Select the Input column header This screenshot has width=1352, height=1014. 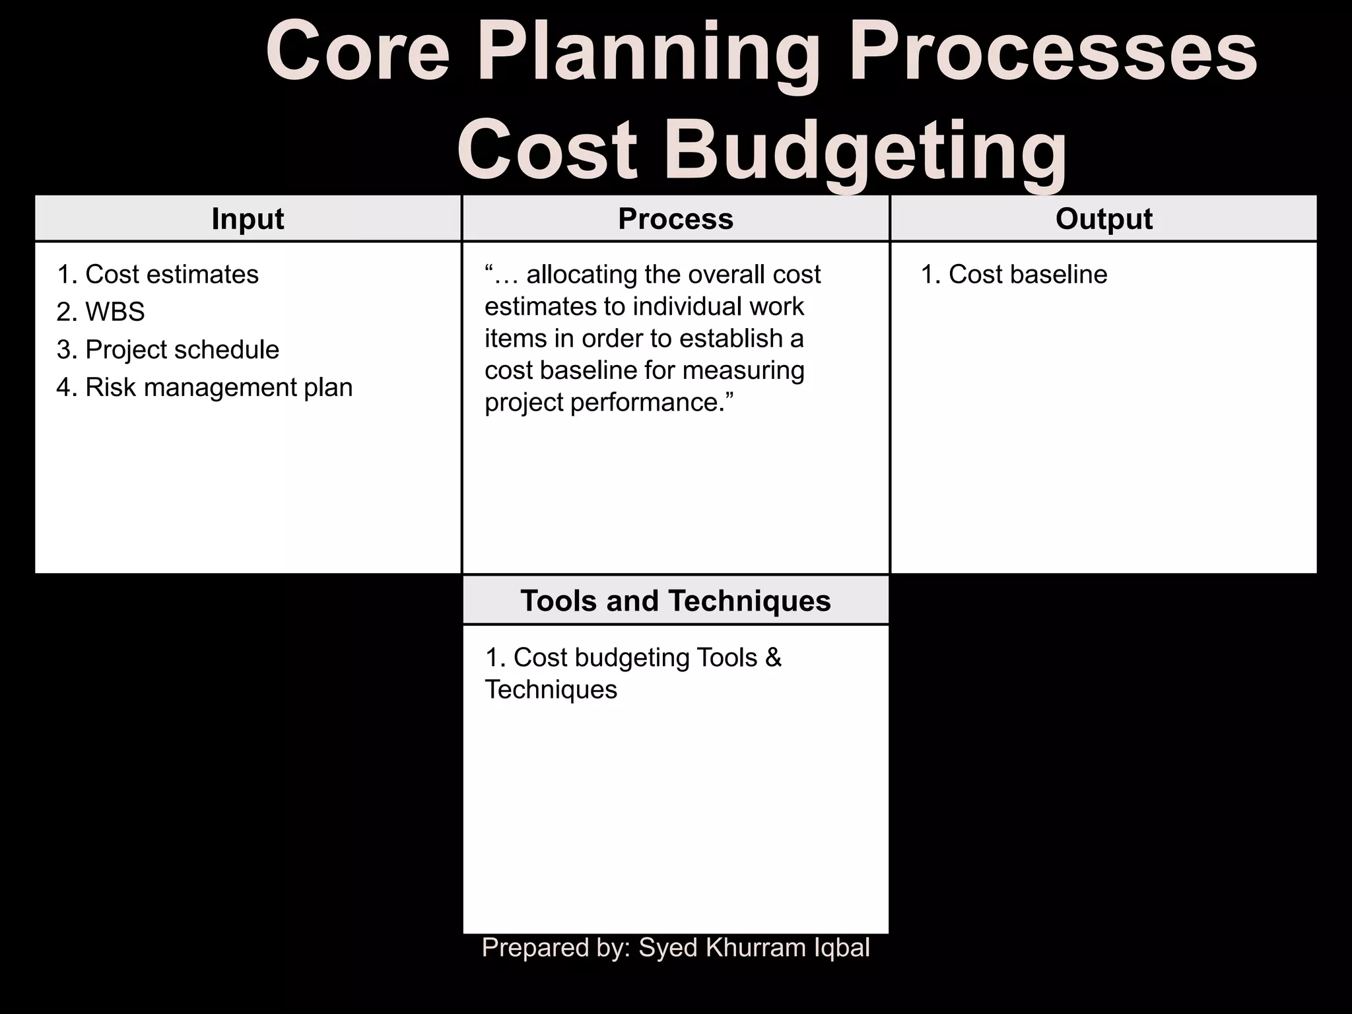[248, 219]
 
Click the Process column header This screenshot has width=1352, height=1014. [675, 219]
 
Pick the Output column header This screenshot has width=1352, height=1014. [1104, 219]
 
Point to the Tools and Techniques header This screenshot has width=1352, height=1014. [675, 601]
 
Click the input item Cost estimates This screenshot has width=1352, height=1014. [172, 275]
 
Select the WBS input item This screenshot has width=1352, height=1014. [115, 312]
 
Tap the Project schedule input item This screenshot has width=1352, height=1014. [182, 350]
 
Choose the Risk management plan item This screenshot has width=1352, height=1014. [219, 388]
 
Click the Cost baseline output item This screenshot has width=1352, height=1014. [1027, 275]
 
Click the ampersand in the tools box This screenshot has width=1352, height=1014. [773, 658]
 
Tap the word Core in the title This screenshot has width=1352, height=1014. [357, 53]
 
